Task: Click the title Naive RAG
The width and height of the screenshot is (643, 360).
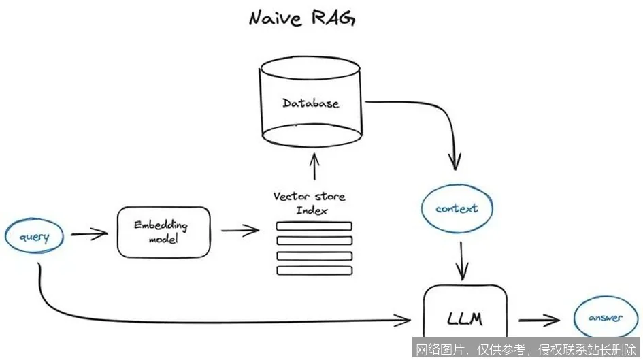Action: (x=303, y=18)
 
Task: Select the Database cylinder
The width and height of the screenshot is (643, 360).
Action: (x=312, y=102)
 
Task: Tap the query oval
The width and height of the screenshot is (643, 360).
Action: (x=34, y=237)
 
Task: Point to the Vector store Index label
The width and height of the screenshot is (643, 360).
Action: (x=310, y=203)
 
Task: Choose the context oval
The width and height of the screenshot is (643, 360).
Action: (x=456, y=209)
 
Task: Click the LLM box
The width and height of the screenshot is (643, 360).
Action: (x=466, y=318)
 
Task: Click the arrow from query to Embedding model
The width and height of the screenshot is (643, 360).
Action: (x=89, y=235)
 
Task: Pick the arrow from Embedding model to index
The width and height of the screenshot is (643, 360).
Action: (x=240, y=231)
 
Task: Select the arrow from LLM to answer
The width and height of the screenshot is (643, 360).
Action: (x=539, y=319)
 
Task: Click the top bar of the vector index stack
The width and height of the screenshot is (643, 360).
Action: (x=314, y=226)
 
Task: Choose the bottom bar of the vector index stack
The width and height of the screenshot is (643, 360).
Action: (x=314, y=270)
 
